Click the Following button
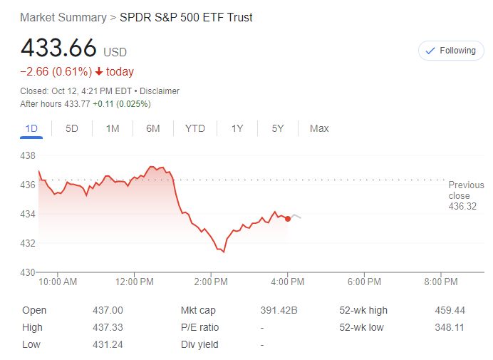click(x=451, y=51)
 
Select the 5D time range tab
click(x=72, y=128)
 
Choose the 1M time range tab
click(x=113, y=128)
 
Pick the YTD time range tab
click(x=194, y=128)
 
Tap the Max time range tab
click(x=319, y=128)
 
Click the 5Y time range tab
click(x=278, y=128)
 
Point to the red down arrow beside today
click(x=99, y=72)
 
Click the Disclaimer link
click(x=160, y=91)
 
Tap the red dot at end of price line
click(x=288, y=218)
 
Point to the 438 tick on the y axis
click(x=28, y=155)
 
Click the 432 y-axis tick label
click(x=28, y=243)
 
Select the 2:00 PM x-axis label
click(x=211, y=282)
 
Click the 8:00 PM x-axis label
click(x=440, y=282)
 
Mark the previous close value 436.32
click(x=462, y=207)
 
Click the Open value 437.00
click(x=108, y=310)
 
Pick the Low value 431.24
click(x=108, y=345)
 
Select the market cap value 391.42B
click(x=279, y=310)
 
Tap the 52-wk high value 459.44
click(x=450, y=310)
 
